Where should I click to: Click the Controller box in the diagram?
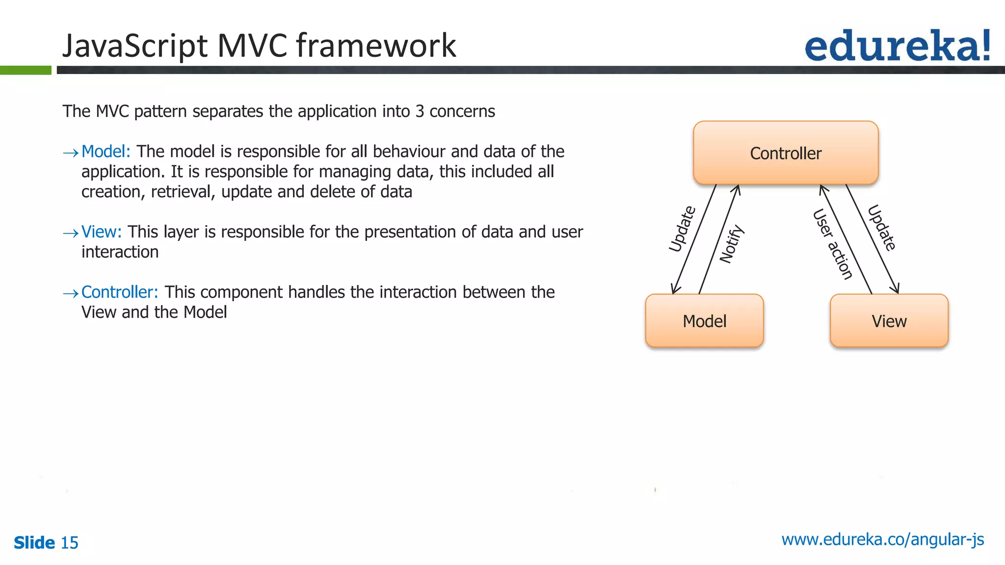785,153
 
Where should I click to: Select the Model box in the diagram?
704,321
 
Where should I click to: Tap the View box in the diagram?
889,321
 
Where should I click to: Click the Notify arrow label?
732,244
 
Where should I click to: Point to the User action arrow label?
833,244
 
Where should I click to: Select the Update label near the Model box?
683,229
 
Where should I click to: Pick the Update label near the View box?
882,228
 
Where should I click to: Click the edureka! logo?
897,46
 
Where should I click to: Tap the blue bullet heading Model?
106,152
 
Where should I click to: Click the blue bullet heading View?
102,231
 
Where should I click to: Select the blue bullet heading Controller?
120,292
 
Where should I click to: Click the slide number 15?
70,543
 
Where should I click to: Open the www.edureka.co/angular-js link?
882,539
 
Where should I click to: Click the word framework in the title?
376,46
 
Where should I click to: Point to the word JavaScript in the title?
135,46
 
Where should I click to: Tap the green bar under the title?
26,70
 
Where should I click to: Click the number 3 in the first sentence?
420,111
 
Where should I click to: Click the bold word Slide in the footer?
34,543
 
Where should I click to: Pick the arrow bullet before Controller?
71,293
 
